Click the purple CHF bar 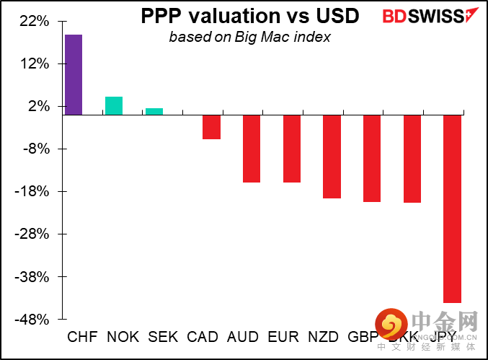(x=74, y=75)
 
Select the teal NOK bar (x=114, y=105)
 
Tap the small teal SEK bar (x=154, y=111)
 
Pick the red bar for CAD (x=211, y=127)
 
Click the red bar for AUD (x=252, y=149)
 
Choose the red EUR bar (x=292, y=149)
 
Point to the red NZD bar (x=332, y=157)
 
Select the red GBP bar (x=372, y=158)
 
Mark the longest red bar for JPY (x=452, y=208)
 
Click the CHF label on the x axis (x=82, y=337)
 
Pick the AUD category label (x=243, y=337)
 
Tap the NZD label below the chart (x=323, y=337)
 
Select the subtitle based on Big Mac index (x=249, y=37)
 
